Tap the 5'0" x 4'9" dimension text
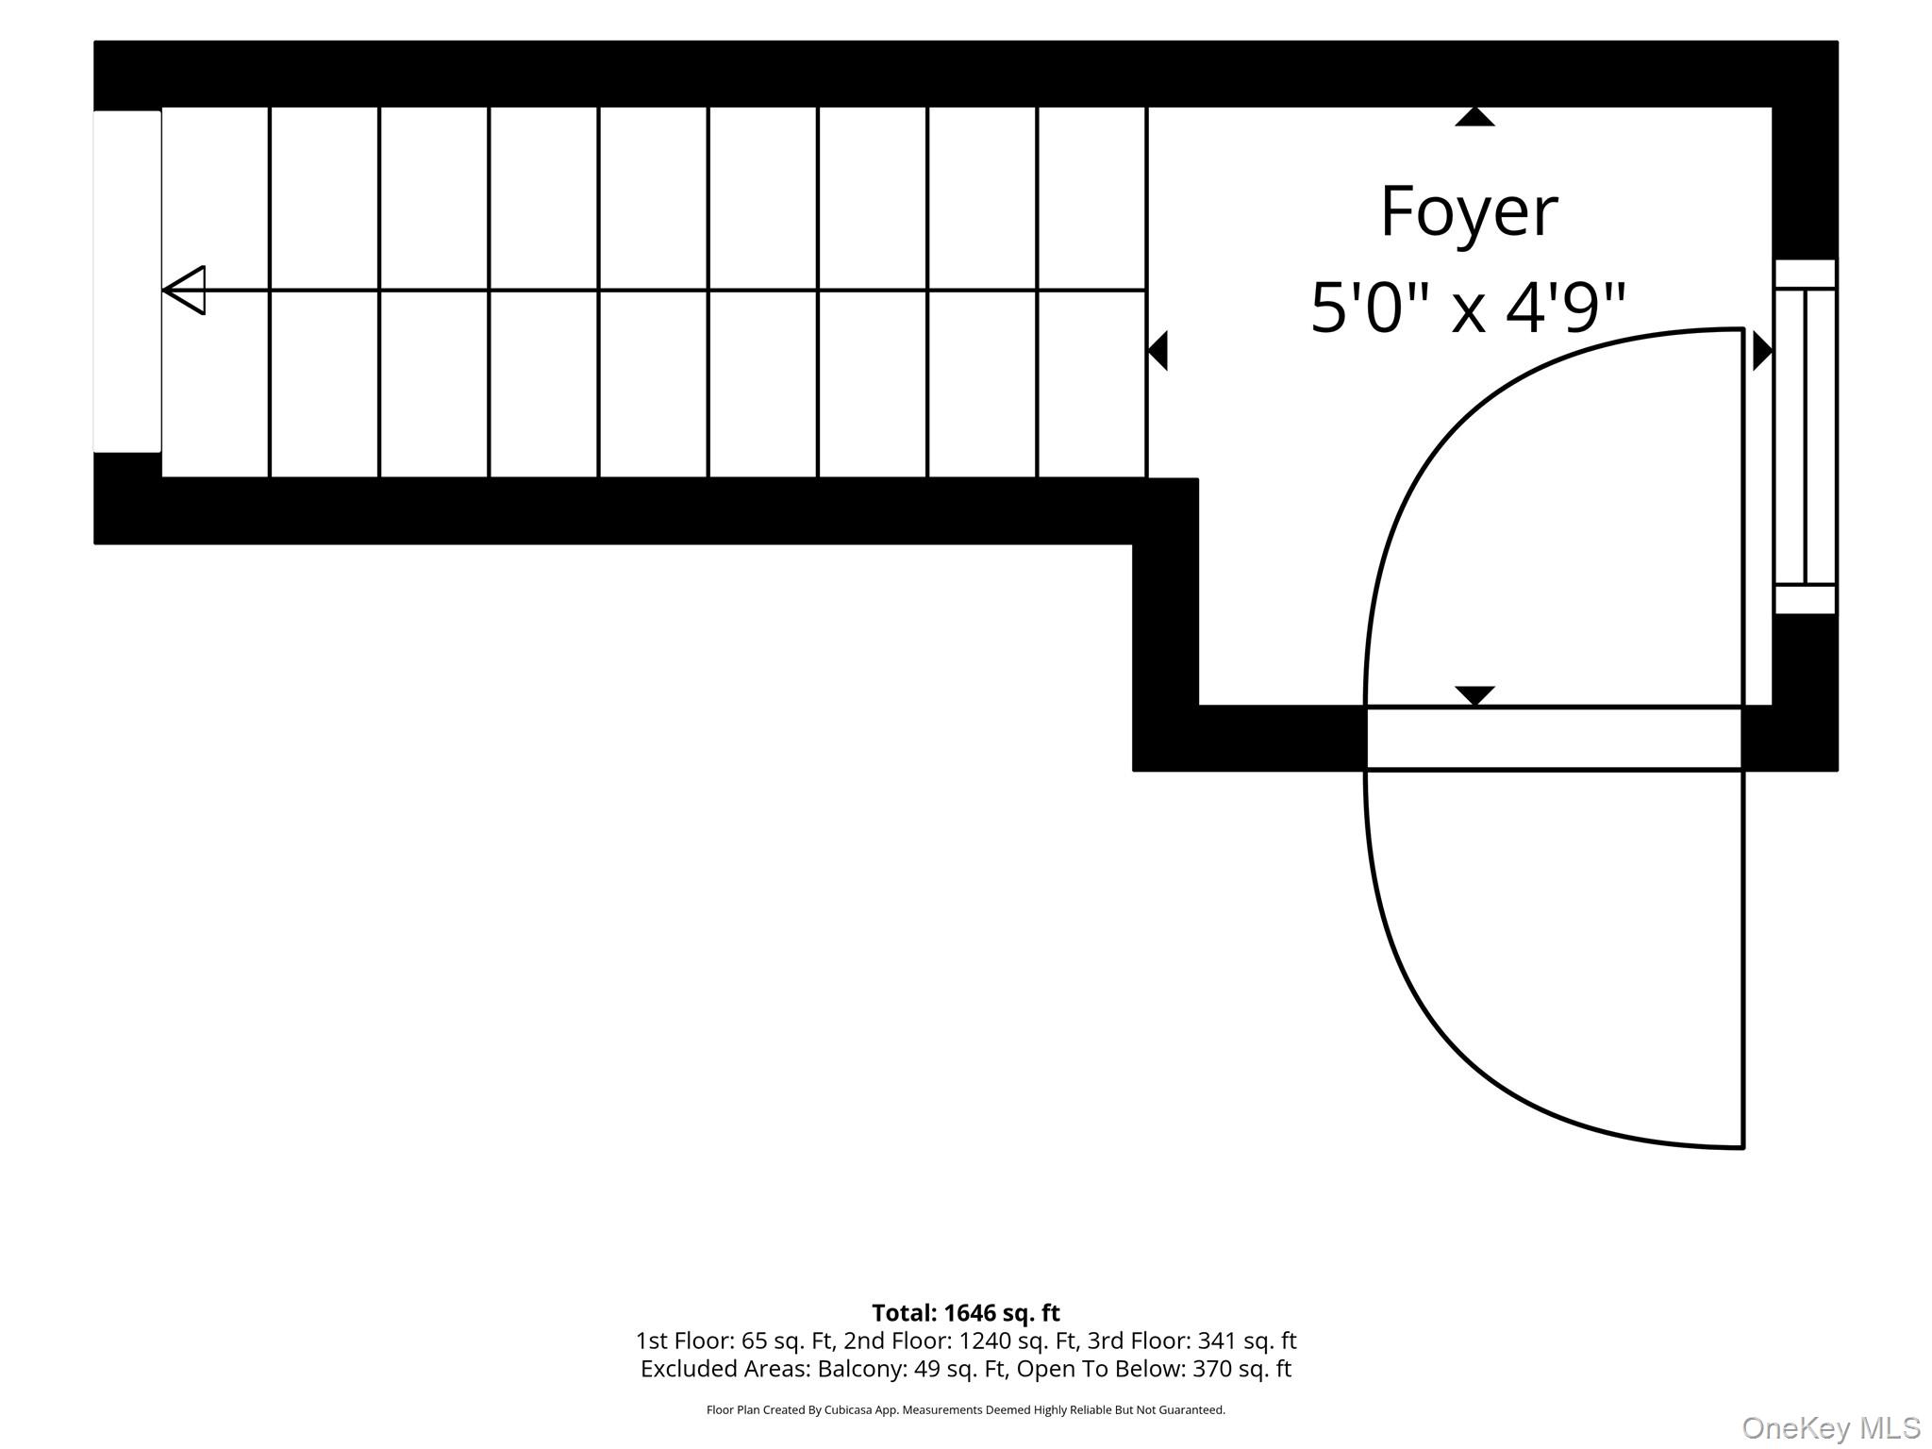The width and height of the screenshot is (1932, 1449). [1469, 308]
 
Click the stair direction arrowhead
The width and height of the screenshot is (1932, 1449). [184, 290]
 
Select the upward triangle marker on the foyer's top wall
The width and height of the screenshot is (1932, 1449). [1474, 116]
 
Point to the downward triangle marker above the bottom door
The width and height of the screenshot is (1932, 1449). [1474, 695]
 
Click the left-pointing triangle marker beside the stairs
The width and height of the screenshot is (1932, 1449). [1158, 351]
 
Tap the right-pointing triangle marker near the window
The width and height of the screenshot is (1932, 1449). [1762, 351]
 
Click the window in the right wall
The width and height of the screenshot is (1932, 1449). [1805, 437]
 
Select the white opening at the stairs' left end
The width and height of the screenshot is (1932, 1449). [127, 281]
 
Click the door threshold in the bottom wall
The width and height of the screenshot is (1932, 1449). [1554, 739]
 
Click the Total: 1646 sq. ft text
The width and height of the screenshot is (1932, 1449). [966, 1313]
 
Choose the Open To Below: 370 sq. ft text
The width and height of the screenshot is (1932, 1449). [1154, 1369]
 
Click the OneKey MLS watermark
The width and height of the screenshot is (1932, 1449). [1831, 1428]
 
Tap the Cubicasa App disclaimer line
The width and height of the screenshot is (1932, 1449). [966, 1410]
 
